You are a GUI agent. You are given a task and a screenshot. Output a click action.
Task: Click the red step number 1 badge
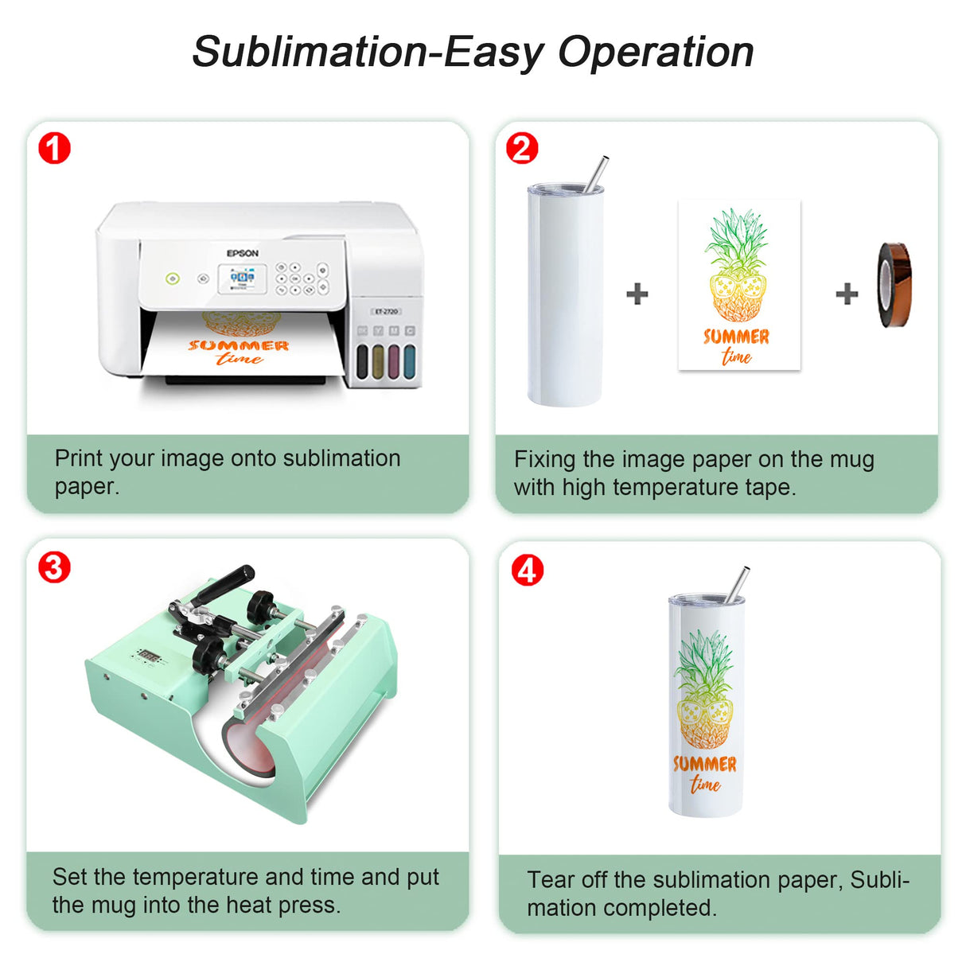54,149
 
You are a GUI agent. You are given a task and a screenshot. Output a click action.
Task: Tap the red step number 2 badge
522,149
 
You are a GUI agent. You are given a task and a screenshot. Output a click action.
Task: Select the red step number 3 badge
54,567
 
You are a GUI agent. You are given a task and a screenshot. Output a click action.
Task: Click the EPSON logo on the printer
243,253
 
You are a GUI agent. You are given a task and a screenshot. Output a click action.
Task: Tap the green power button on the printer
173,279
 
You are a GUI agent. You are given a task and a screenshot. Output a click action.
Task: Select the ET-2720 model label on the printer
387,311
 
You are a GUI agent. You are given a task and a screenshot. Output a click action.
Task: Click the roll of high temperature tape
894,286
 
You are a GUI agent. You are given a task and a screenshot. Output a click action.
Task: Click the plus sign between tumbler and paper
637,294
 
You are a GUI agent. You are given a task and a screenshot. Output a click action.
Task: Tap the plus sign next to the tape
847,294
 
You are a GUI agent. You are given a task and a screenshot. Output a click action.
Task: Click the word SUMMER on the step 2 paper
736,337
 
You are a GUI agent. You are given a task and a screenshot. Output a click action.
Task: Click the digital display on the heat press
149,656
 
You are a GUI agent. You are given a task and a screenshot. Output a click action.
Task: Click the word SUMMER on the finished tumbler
705,764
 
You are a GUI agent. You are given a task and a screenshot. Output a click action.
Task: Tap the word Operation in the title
656,53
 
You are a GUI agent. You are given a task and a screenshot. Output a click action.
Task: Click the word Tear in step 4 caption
550,880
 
